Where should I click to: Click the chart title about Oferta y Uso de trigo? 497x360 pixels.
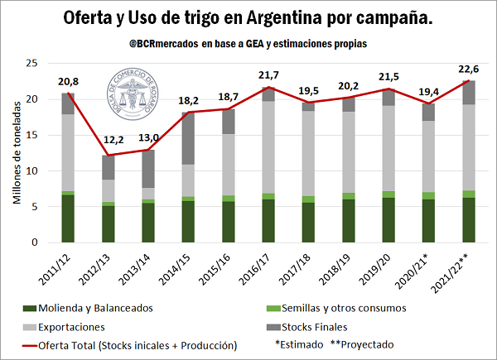[248, 18]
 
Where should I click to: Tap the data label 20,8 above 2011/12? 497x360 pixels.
[70, 82]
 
